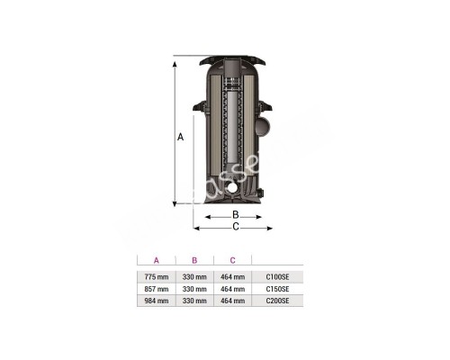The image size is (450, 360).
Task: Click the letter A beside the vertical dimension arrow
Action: (181, 137)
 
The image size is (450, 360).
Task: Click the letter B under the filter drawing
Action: (235, 215)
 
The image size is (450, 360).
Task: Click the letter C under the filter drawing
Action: (235, 228)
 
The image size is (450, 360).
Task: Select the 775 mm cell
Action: (156, 275)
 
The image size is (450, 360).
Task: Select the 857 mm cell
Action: (156, 289)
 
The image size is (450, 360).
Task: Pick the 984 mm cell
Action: (156, 302)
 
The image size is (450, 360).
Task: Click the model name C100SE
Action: (278, 275)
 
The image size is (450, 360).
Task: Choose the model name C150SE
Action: (278, 289)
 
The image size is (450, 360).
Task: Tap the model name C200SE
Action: (278, 302)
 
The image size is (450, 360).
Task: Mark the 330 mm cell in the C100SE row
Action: (194, 275)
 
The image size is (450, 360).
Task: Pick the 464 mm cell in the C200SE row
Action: (232, 302)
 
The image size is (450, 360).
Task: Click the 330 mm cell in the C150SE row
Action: (194, 289)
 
